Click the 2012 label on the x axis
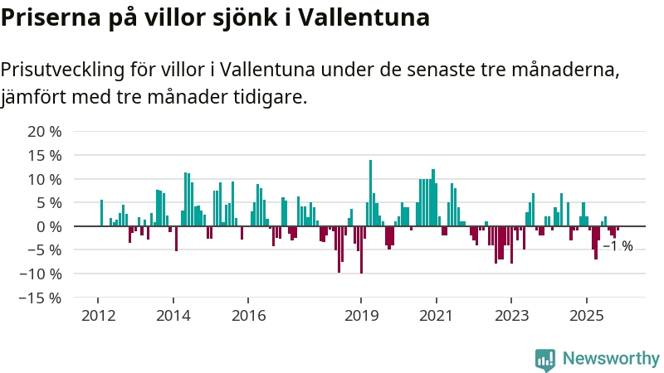coord(98,315)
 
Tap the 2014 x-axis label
coord(173,315)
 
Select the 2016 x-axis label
coord(248,315)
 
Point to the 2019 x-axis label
coord(360,315)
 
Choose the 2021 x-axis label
coord(436,315)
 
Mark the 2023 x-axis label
coord(511,315)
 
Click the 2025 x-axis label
coord(586,315)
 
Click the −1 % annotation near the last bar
coord(618,246)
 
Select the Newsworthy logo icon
coord(545,359)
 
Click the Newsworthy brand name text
coord(611,359)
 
